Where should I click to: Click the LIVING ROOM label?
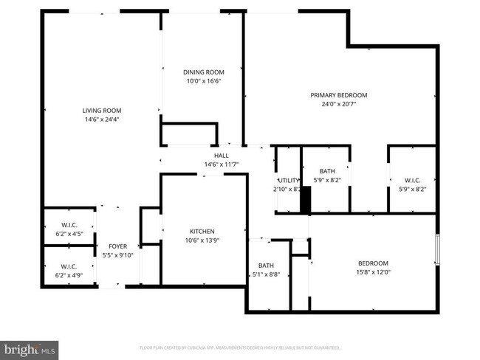(102, 111)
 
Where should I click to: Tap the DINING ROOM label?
(203, 72)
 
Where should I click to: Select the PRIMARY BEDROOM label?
(338, 95)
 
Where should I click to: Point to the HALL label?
(221, 156)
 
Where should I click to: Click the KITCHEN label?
(202, 231)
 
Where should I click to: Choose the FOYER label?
(117, 246)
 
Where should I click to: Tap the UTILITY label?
(288, 180)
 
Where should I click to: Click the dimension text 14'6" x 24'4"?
(102, 120)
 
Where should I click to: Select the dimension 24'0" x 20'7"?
(338, 104)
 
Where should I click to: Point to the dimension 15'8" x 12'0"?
(373, 272)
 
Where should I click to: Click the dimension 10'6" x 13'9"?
(202, 240)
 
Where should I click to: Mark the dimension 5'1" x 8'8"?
(266, 274)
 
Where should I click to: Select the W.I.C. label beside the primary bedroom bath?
(411, 180)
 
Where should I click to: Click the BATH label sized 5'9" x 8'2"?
(326, 171)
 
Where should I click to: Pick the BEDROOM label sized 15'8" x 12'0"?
(373, 263)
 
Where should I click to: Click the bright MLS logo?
(30, 347)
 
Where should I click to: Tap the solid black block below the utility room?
(305, 200)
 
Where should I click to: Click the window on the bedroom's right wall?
(436, 250)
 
